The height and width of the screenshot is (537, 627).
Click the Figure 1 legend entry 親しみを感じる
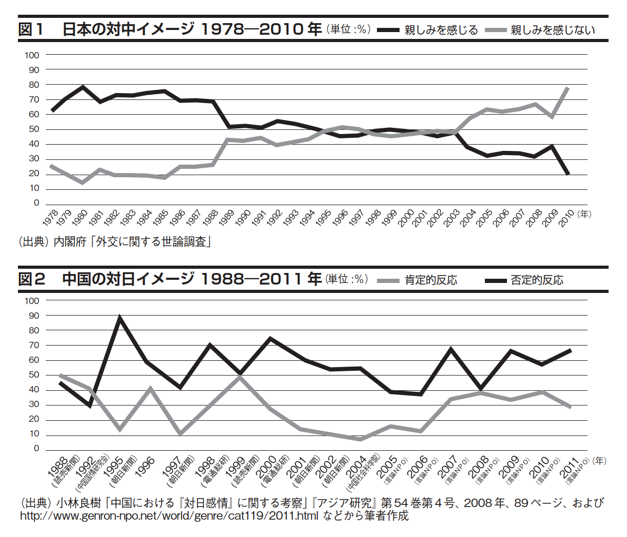point(441,30)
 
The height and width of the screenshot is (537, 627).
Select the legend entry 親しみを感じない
point(553,30)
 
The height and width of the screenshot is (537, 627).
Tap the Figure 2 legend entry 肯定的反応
point(431,280)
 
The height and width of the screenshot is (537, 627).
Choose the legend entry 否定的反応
point(537,280)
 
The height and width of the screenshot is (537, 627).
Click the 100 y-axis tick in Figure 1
point(32,55)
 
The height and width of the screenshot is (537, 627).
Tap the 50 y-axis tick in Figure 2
point(33,375)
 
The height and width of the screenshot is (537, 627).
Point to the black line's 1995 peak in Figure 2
point(120,317)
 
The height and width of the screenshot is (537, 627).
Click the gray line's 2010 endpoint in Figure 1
point(568,87)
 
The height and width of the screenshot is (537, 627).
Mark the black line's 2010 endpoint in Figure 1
point(568,174)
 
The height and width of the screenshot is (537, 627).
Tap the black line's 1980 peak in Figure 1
point(83,86)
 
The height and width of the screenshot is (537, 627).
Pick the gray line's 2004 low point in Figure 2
point(361,439)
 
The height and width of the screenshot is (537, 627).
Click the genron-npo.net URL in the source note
point(168,516)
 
